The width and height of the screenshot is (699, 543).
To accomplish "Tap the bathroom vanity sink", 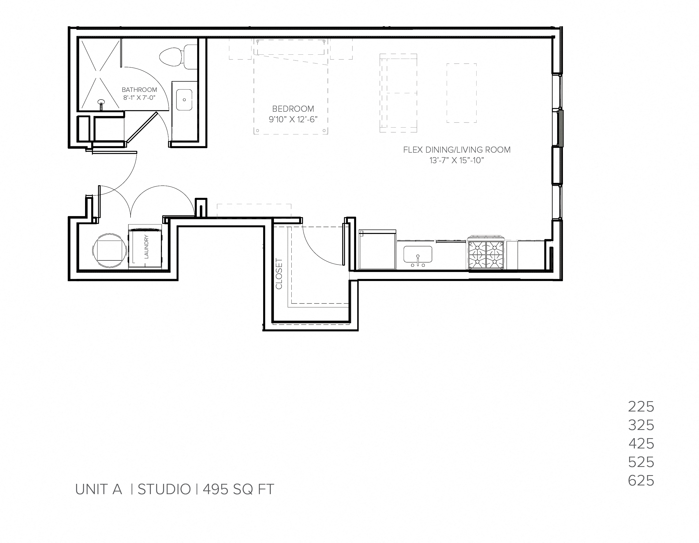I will click(x=184, y=100).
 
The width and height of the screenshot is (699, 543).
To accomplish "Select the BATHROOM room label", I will click(x=139, y=90).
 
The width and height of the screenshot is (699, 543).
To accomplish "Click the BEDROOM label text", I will click(x=293, y=109).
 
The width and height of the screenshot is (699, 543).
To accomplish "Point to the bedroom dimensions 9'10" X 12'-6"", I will click(x=293, y=119).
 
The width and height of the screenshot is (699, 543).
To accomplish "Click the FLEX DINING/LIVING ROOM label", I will click(x=457, y=150).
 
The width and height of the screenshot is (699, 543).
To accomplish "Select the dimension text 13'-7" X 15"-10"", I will click(x=456, y=160).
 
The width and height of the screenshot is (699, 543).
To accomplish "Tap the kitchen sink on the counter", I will click(x=418, y=254).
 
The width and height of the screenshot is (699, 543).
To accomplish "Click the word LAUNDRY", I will click(x=147, y=246).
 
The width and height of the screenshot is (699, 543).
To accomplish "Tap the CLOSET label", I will click(x=279, y=274).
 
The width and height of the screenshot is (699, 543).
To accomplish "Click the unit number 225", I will click(x=641, y=407).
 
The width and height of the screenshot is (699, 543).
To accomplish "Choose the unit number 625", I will click(x=641, y=481).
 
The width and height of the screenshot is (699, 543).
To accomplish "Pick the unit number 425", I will click(x=641, y=443).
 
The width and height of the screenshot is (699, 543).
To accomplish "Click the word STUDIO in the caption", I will click(x=164, y=489).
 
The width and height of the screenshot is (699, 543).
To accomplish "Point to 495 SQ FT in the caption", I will click(x=239, y=489).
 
